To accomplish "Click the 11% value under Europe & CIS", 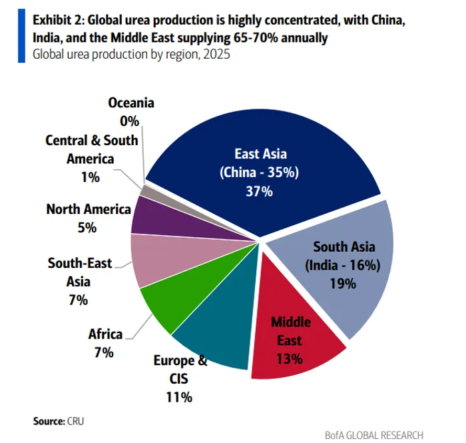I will tap(179, 398).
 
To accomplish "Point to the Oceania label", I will tap(131, 103).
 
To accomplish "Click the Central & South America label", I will tap(92, 150).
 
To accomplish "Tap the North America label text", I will tap(89, 209).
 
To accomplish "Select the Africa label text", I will tap(105, 334).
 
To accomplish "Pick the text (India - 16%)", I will tap(342, 264).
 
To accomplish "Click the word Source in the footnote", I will tap(48, 421).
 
